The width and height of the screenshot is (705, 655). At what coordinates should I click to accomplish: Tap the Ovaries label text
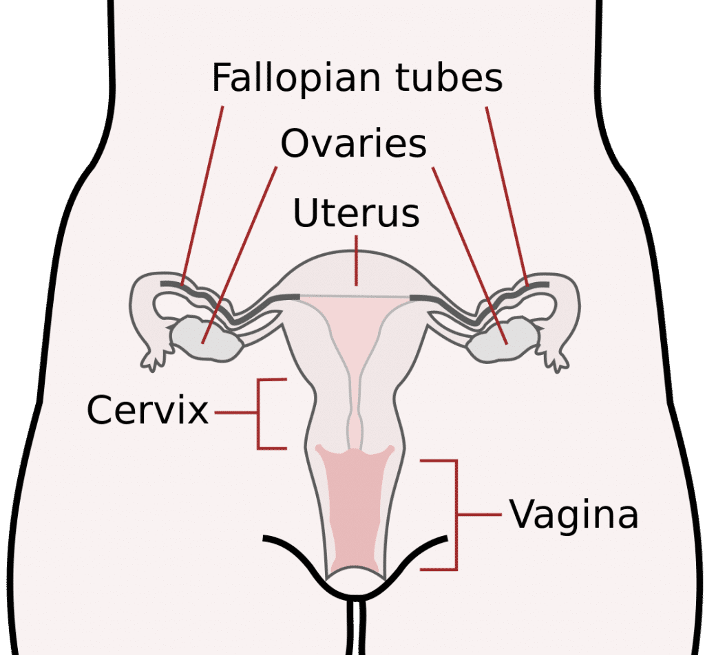click(353, 143)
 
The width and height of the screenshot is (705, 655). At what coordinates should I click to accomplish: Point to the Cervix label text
click(147, 411)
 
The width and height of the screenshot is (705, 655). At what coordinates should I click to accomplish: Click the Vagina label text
click(574, 514)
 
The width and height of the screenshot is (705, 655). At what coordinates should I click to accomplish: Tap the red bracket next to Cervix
click(260, 413)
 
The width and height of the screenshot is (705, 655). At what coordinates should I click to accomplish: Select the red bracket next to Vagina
click(454, 515)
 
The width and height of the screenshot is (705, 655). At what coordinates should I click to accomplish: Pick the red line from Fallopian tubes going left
click(203, 193)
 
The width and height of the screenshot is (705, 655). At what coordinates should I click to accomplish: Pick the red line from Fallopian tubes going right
click(507, 193)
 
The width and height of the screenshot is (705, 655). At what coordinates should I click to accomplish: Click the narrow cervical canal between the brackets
click(356, 420)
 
